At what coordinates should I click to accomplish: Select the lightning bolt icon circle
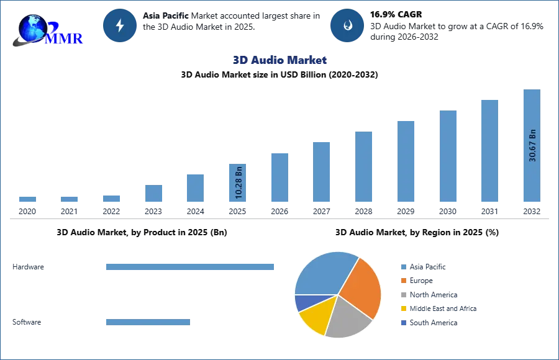120,25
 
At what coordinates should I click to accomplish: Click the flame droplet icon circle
347,25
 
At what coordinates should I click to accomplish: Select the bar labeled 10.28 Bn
238,183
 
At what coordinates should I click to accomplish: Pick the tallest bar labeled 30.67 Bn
531,146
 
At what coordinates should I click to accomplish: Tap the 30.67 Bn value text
532,145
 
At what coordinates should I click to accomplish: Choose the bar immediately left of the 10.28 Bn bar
194,188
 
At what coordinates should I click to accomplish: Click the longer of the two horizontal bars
191,268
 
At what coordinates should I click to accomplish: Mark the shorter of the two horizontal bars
148,323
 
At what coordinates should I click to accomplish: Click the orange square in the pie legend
402,281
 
